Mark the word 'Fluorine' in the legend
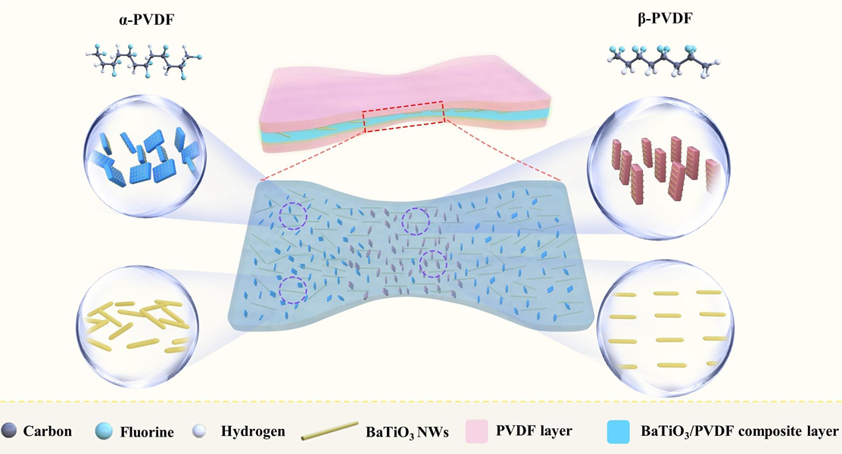(147, 432)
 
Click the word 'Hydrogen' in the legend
(253, 432)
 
